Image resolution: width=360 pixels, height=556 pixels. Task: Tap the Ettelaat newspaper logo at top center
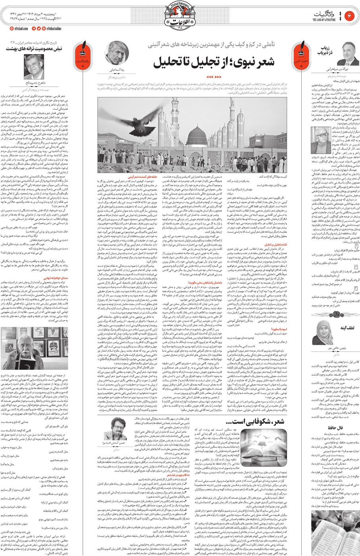click(x=181, y=15)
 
